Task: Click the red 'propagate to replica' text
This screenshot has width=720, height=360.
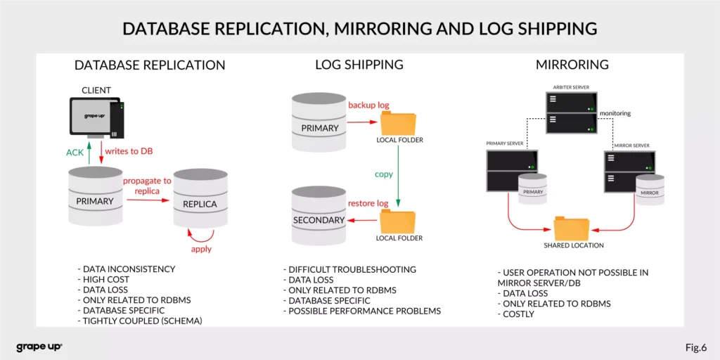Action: pyautogui.click(x=148, y=186)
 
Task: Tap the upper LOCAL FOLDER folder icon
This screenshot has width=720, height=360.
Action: pyautogui.click(x=399, y=124)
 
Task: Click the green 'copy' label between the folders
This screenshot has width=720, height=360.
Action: pyautogui.click(x=384, y=174)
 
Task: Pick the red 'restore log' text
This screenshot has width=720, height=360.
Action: pyautogui.click(x=368, y=204)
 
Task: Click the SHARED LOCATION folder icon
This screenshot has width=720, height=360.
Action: pyautogui.click(x=572, y=228)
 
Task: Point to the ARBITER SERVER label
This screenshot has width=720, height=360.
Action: pyautogui.click(x=570, y=87)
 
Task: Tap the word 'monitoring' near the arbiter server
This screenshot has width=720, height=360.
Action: pyautogui.click(x=615, y=113)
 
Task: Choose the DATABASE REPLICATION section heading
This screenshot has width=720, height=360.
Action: pyautogui.click(x=150, y=65)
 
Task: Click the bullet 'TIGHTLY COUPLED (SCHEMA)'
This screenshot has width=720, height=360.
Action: pyautogui.click(x=141, y=321)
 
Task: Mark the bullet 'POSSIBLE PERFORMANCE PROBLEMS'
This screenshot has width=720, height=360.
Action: pyautogui.click(x=364, y=311)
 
